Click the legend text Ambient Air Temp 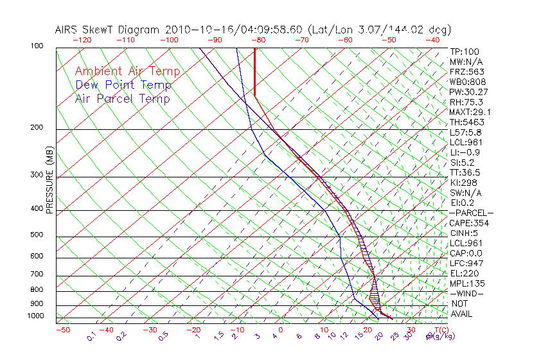tap(127, 71)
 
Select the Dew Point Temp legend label tap(123, 85)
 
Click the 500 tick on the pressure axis tap(37, 235)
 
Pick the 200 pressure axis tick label tap(37, 128)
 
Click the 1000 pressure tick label tap(36, 316)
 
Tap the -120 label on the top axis tap(82, 40)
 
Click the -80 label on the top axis tap(258, 40)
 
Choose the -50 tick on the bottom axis tap(62, 330)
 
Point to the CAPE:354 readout tap(469, 223)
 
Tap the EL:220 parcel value tap(463, 273)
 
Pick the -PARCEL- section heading tap(471, 213)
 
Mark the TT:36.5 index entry tap(465, 172)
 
